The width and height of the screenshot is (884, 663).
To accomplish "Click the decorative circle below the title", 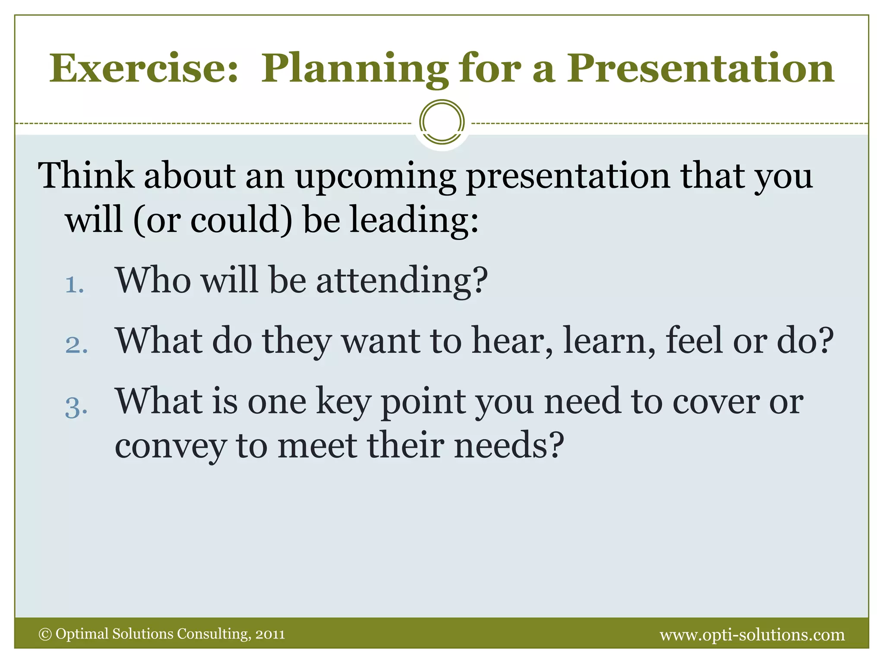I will coord(442,122).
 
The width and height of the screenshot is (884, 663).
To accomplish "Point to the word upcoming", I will coord(375,177).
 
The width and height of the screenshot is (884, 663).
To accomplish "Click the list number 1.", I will coord(74,285).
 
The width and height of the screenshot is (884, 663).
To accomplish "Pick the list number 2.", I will coord(76,345).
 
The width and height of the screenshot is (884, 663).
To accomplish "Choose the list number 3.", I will coord(76,407).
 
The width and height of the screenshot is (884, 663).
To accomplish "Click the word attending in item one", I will coord(401,281).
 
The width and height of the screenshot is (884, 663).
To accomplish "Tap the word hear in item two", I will coord(512,341).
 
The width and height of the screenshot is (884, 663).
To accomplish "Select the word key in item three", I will coord(343,402).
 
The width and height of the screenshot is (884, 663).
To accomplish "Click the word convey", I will coord(170,446).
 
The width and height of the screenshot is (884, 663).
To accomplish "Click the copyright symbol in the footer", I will coord(45,634).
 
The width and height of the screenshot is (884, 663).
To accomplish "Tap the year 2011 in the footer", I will coord(270,634).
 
